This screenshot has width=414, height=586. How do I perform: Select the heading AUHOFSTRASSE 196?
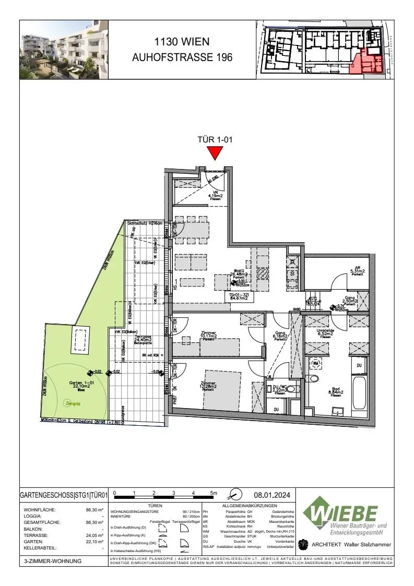click(x=182, y=58)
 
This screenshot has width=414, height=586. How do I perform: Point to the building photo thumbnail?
click(x=64, y=50)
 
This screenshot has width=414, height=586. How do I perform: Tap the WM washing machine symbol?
click(x=316, y=363)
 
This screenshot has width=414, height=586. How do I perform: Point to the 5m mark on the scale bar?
click(x=213, y=493)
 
